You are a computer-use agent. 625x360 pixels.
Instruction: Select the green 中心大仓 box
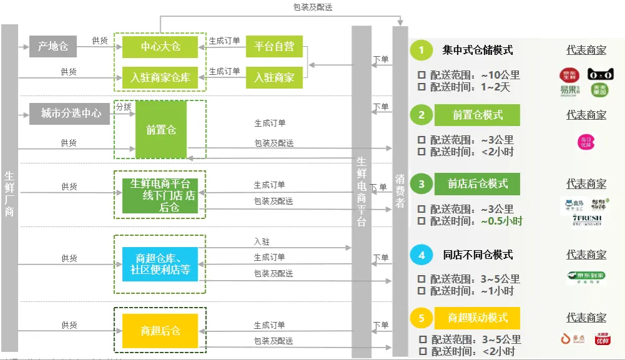160,46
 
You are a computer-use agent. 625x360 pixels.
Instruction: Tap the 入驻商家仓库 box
160,78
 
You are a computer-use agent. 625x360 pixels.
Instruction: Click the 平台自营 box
274,46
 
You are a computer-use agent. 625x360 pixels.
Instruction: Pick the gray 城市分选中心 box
70,114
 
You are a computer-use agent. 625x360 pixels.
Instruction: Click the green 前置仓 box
161,130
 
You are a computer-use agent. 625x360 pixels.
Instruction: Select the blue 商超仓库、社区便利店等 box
160,264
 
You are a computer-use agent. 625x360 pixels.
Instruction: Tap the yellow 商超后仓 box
160,331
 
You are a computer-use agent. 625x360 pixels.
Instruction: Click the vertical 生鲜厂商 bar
9,187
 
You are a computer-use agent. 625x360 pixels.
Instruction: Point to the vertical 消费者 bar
400,187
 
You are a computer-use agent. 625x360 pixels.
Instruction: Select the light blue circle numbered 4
422,255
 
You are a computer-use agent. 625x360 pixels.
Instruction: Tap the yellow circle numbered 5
422,318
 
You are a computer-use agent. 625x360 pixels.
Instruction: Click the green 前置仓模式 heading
477,115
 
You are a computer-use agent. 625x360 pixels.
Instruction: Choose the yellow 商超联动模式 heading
477,318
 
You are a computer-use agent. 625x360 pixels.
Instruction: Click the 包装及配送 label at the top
312,7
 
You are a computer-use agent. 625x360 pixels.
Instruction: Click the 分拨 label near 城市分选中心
123,107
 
